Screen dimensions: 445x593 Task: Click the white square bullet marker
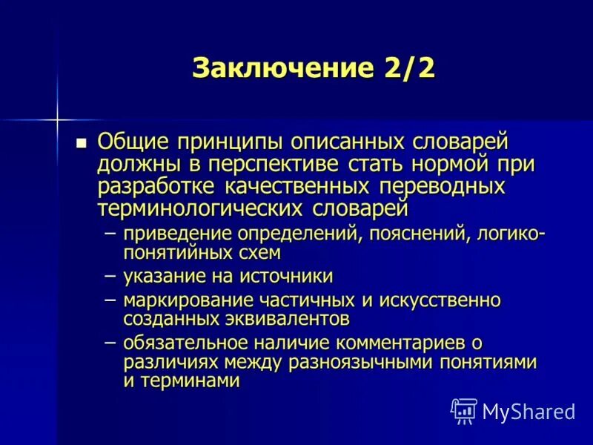point(82,142)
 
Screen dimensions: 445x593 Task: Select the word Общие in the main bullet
point(132,141)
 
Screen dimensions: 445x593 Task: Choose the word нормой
point(429,163)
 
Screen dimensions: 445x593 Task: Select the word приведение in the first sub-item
point(177,234)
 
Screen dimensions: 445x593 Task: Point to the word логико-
point(509,234)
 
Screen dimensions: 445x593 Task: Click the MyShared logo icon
point(464,410)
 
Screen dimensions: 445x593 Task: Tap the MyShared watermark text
point(529,411)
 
